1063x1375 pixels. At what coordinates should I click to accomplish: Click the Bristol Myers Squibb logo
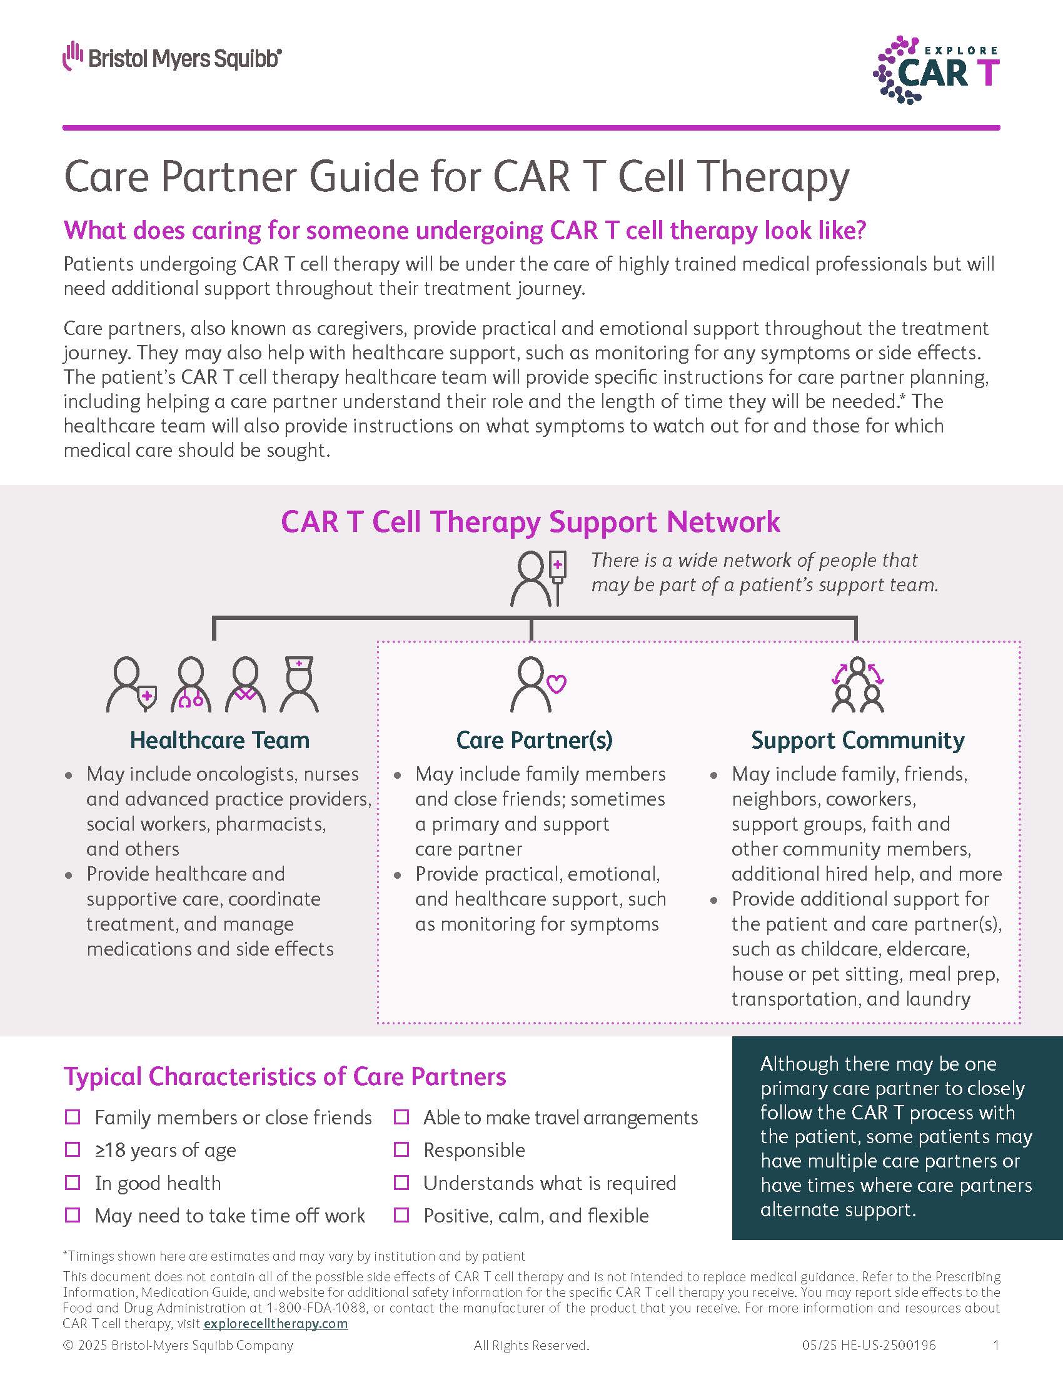[172, 57]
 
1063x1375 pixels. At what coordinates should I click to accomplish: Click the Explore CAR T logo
[936, 70]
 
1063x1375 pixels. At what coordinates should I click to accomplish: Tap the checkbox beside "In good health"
[73, 1182]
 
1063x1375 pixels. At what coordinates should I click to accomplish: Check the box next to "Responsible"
[402, 1149]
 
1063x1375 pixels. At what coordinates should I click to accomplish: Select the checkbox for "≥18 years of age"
[73, 1149]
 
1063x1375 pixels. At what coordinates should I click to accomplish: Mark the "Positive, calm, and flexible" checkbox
[402, 1215]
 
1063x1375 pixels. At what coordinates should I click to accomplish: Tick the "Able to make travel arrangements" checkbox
[402, 1117]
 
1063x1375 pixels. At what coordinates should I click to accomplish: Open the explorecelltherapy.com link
[276, 1323]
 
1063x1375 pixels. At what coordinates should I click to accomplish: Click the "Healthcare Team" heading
[219, 740]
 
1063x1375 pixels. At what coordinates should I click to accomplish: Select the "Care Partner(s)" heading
[534, 741]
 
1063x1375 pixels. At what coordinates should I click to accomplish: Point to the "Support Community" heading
[858, 741]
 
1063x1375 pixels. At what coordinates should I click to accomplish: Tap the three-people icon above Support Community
[858, 684]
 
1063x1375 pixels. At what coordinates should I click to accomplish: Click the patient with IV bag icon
[539, 579]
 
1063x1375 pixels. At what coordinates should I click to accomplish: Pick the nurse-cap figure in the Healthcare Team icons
[299, 684]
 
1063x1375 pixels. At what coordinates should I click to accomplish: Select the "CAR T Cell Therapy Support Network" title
[530, 522]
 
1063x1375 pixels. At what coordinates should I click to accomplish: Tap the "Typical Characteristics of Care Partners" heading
[285, 1077]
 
